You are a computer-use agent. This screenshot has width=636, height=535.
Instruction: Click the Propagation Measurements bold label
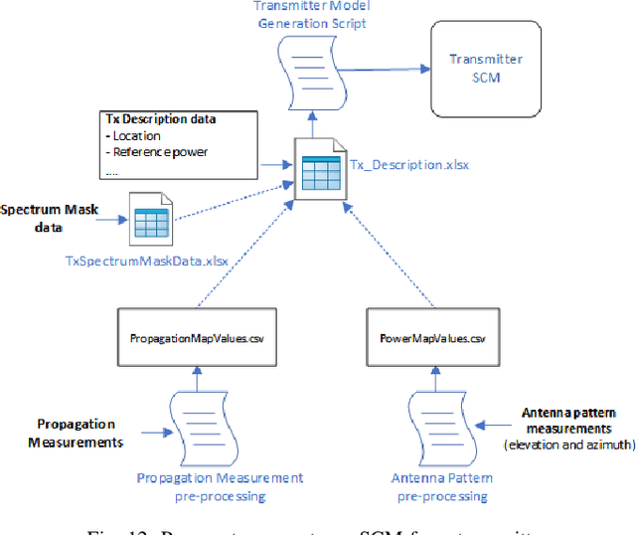tap(79, 433)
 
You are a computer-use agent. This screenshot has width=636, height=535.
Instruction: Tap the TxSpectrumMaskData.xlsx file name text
tap(147, 261)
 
